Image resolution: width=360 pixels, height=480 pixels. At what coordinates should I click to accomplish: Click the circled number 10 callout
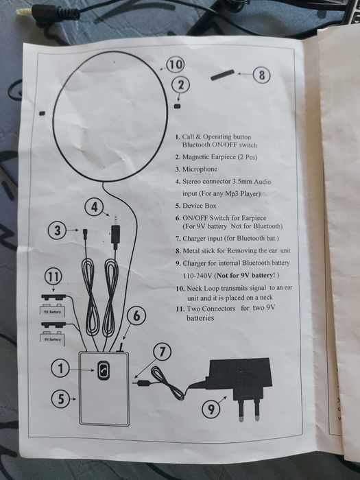pos(175,65)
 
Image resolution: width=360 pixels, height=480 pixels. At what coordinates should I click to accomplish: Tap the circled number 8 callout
pos(262,75)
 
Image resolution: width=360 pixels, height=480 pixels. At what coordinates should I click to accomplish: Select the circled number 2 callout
pos(181,85)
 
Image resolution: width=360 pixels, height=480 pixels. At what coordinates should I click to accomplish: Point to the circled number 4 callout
pos(95,207)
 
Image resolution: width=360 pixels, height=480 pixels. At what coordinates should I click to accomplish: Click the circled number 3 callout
pos(57,230)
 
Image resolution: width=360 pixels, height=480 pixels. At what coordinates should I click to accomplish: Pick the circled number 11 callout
pos(53,276)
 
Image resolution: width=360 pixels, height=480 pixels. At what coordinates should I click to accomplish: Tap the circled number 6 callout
pos(137,316)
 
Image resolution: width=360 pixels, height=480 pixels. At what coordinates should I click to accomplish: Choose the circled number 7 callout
pos(163,352)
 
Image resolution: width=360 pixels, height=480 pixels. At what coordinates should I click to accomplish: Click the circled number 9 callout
pos(211,409)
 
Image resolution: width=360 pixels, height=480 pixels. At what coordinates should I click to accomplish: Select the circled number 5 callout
pos(60,399)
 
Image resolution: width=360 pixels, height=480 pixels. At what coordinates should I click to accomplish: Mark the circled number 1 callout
pos(60,368)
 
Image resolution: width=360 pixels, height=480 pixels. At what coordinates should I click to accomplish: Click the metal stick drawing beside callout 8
pos(223,75)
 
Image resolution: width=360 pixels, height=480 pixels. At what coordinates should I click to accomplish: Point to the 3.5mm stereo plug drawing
pos(115,232)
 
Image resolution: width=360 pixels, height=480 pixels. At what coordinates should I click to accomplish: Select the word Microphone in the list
pos(200,169)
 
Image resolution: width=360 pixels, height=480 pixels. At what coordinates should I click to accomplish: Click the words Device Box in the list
pos(200,206)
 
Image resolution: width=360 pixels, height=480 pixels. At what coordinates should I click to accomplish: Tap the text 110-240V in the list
pos(197,276)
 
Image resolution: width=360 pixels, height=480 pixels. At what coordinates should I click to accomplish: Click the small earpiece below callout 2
pos(177,106)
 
